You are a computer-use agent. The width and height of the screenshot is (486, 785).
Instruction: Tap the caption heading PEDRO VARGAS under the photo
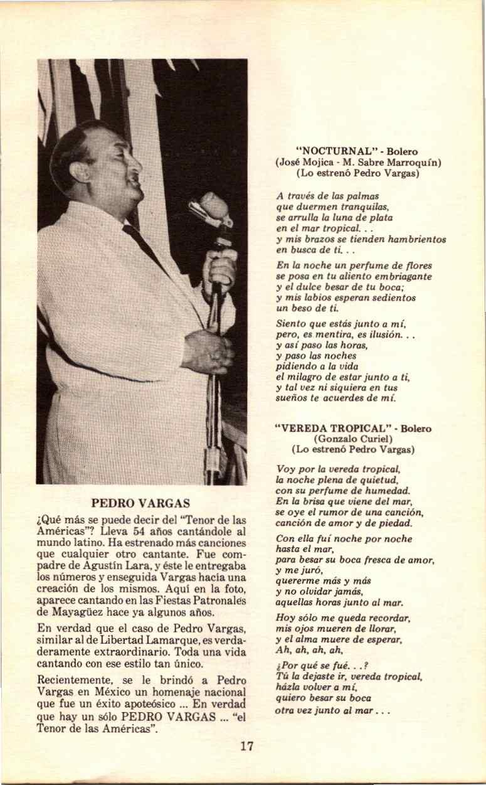tap(140, 503)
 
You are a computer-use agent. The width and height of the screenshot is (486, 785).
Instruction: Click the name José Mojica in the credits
tap(304, 162)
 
